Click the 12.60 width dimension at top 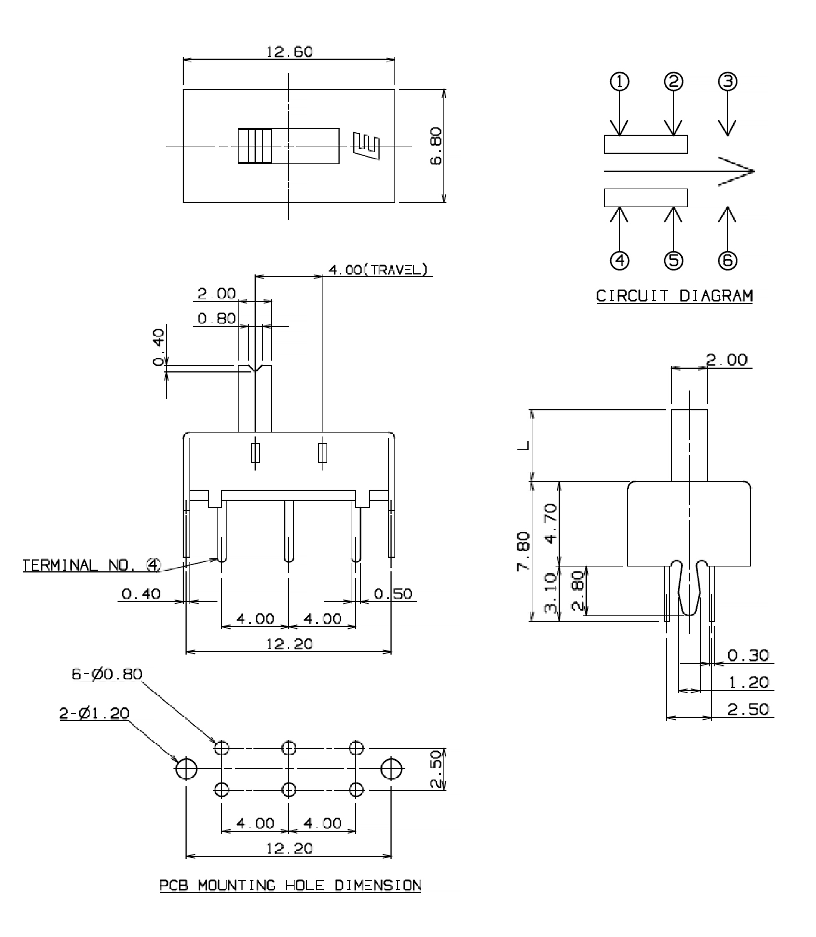[289, 52]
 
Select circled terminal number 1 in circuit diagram [619, 82]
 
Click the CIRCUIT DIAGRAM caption [674, 296]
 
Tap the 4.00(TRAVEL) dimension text [378, 270]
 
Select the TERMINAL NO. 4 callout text [91, 565]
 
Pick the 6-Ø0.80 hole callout [107, 674]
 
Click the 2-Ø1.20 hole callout [94, 713]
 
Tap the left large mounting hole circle [186, 769]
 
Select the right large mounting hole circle [392, 769]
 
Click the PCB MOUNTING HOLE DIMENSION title [290, 886]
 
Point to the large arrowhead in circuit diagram [737, 171]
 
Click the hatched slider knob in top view [255, 146]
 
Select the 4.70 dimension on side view [550, 523]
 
